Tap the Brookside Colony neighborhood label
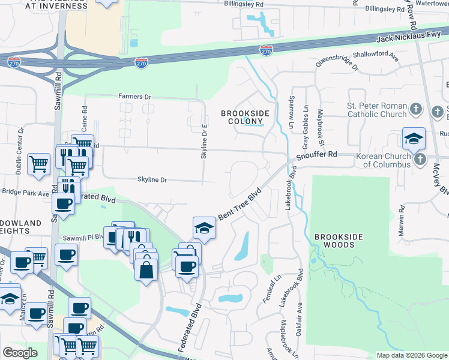tap(245, 117)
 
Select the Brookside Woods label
tap(337, 241)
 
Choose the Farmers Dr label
tap(135, 96)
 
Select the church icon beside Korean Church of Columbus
tap(420, 160)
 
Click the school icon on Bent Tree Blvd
tap(204, 228)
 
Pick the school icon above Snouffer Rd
tap(414, 139)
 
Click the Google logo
tap(20, 352)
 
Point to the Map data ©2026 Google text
tap(411, 355)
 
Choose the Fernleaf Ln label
tap(269, 289)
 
